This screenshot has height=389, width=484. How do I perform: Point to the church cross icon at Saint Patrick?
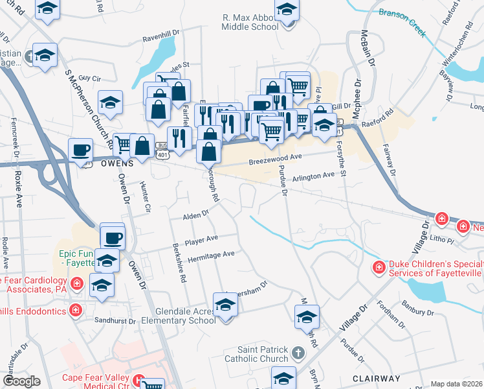[297, 353]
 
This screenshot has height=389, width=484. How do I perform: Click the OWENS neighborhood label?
[117, 164]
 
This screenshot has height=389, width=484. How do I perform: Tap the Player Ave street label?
[201, 239]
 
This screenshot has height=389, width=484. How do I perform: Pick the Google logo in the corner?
[21, 381]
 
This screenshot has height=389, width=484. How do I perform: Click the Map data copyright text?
[456, 384]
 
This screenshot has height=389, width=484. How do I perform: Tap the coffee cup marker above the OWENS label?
[81, 150]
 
